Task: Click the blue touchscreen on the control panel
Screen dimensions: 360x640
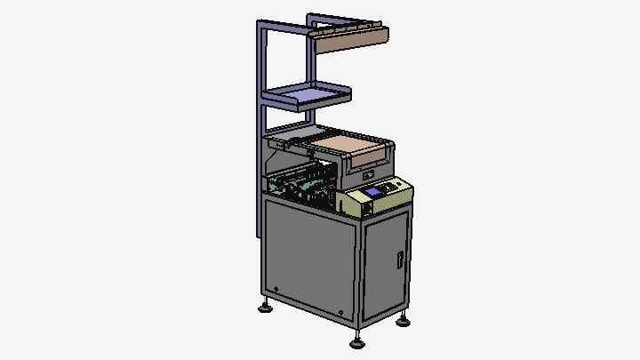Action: tap(372, 192)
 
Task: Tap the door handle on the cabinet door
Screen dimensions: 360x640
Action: tap(400, 260)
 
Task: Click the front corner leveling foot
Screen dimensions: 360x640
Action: tap(357, 339)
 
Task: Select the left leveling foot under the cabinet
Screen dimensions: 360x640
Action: tap(265, 308)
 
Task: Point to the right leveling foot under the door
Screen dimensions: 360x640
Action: tap(404, 319)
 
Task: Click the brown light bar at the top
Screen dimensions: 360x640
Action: tap(352, 38)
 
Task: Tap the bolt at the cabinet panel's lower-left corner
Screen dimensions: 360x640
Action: tap(276, 289)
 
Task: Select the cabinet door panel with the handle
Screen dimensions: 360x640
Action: tap(387, 267)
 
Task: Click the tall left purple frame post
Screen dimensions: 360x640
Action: tap(260, 133)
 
